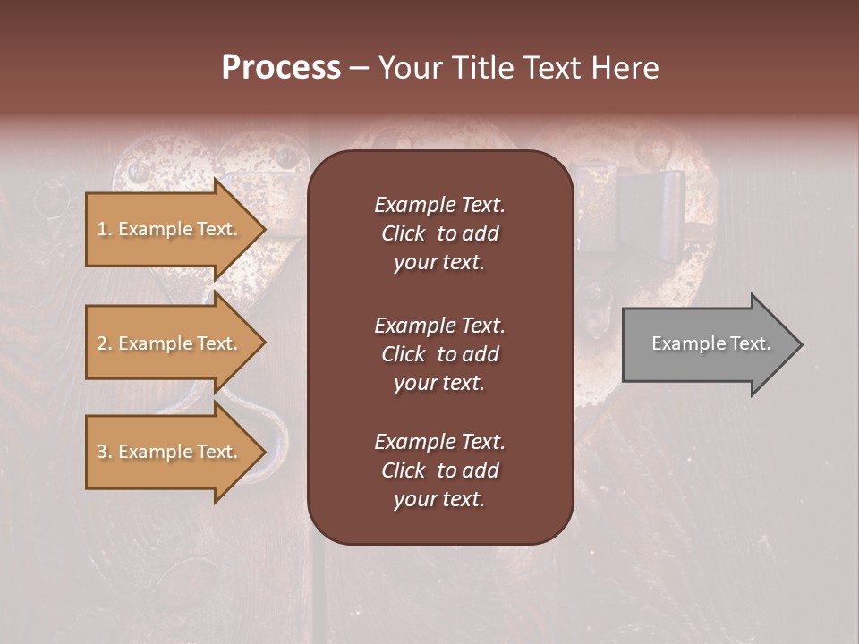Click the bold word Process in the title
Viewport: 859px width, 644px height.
[281, 68]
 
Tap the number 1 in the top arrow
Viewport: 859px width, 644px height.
[102, 230]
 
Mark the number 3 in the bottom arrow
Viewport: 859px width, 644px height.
[102, 453]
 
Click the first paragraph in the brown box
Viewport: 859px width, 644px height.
[439, 233]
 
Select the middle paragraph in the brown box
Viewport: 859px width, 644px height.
[439, 353]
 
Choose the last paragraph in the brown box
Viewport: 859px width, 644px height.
[439, 470]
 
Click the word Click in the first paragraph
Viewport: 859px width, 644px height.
[403, 233]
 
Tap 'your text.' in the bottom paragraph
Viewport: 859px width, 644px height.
[439, 499]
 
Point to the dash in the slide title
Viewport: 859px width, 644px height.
[359, 69]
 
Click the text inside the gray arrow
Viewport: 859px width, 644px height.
[711, 343]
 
